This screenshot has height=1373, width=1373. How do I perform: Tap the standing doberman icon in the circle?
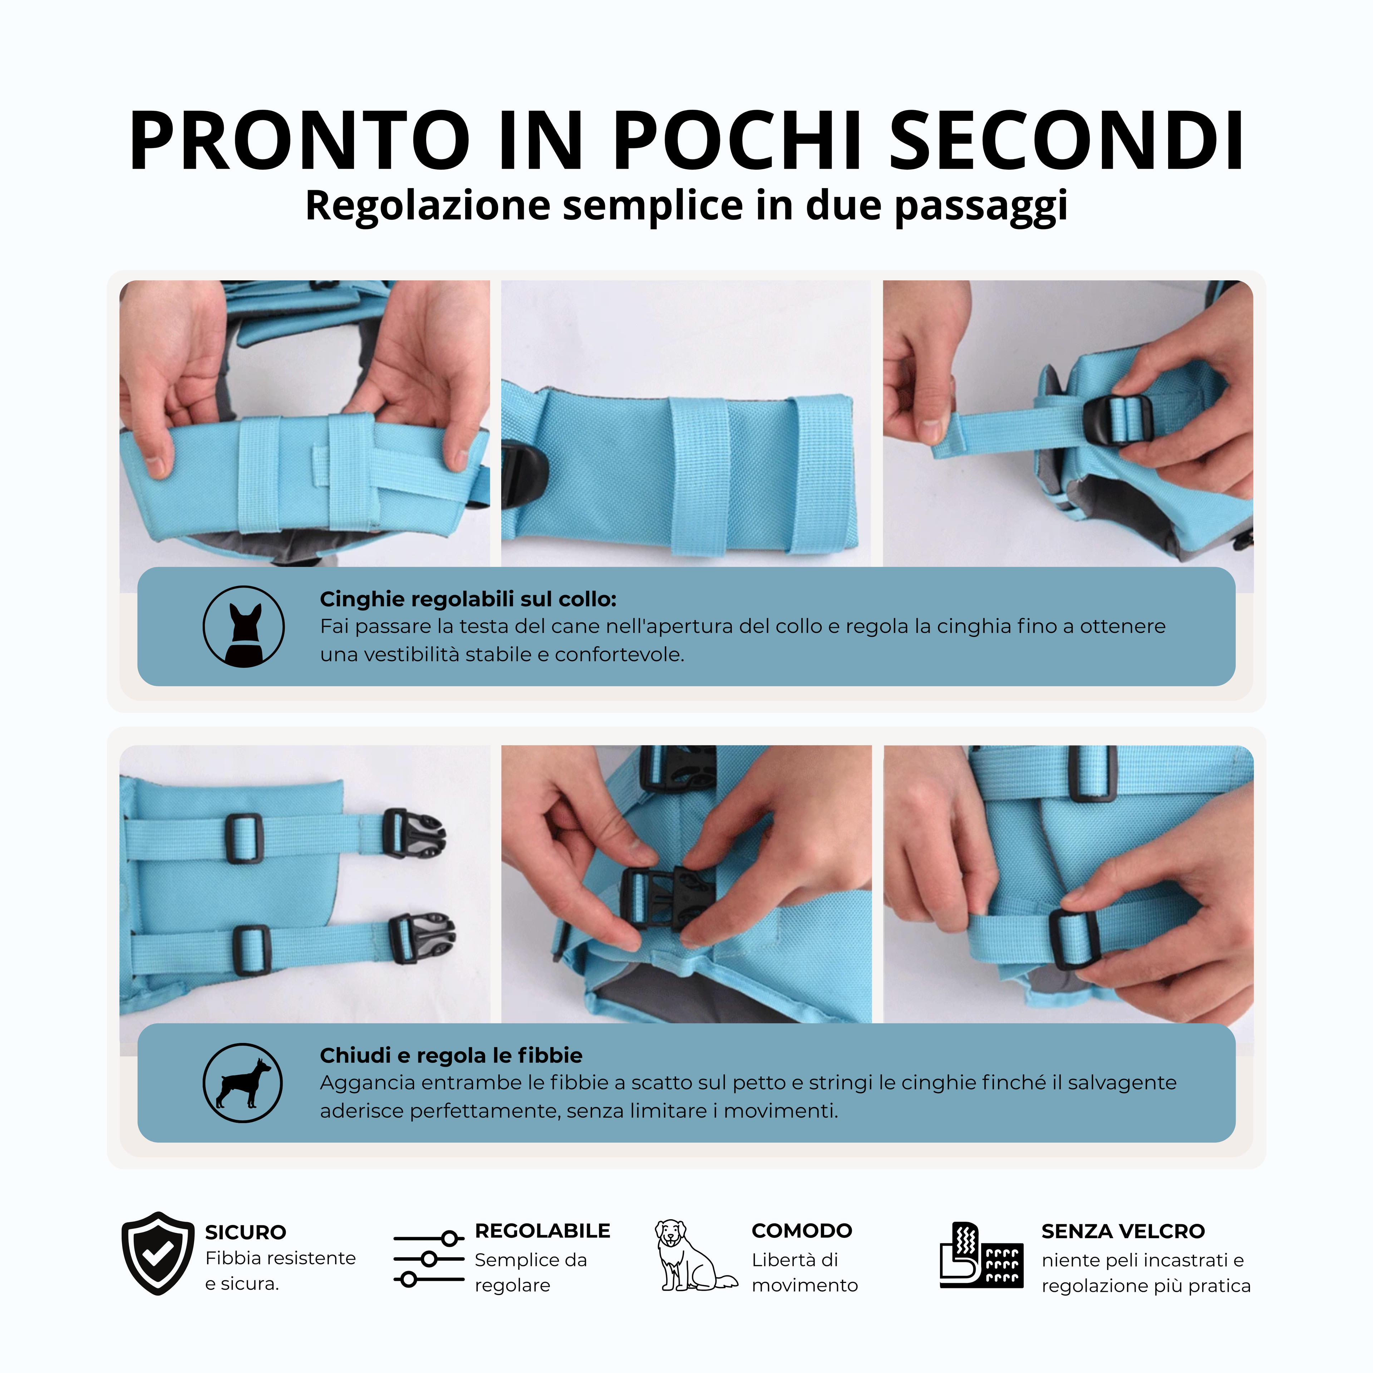(243, 1083)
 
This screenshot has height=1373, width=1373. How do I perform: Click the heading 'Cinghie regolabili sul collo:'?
(468, 599)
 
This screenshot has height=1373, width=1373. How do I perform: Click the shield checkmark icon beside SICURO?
(158, 1254)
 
